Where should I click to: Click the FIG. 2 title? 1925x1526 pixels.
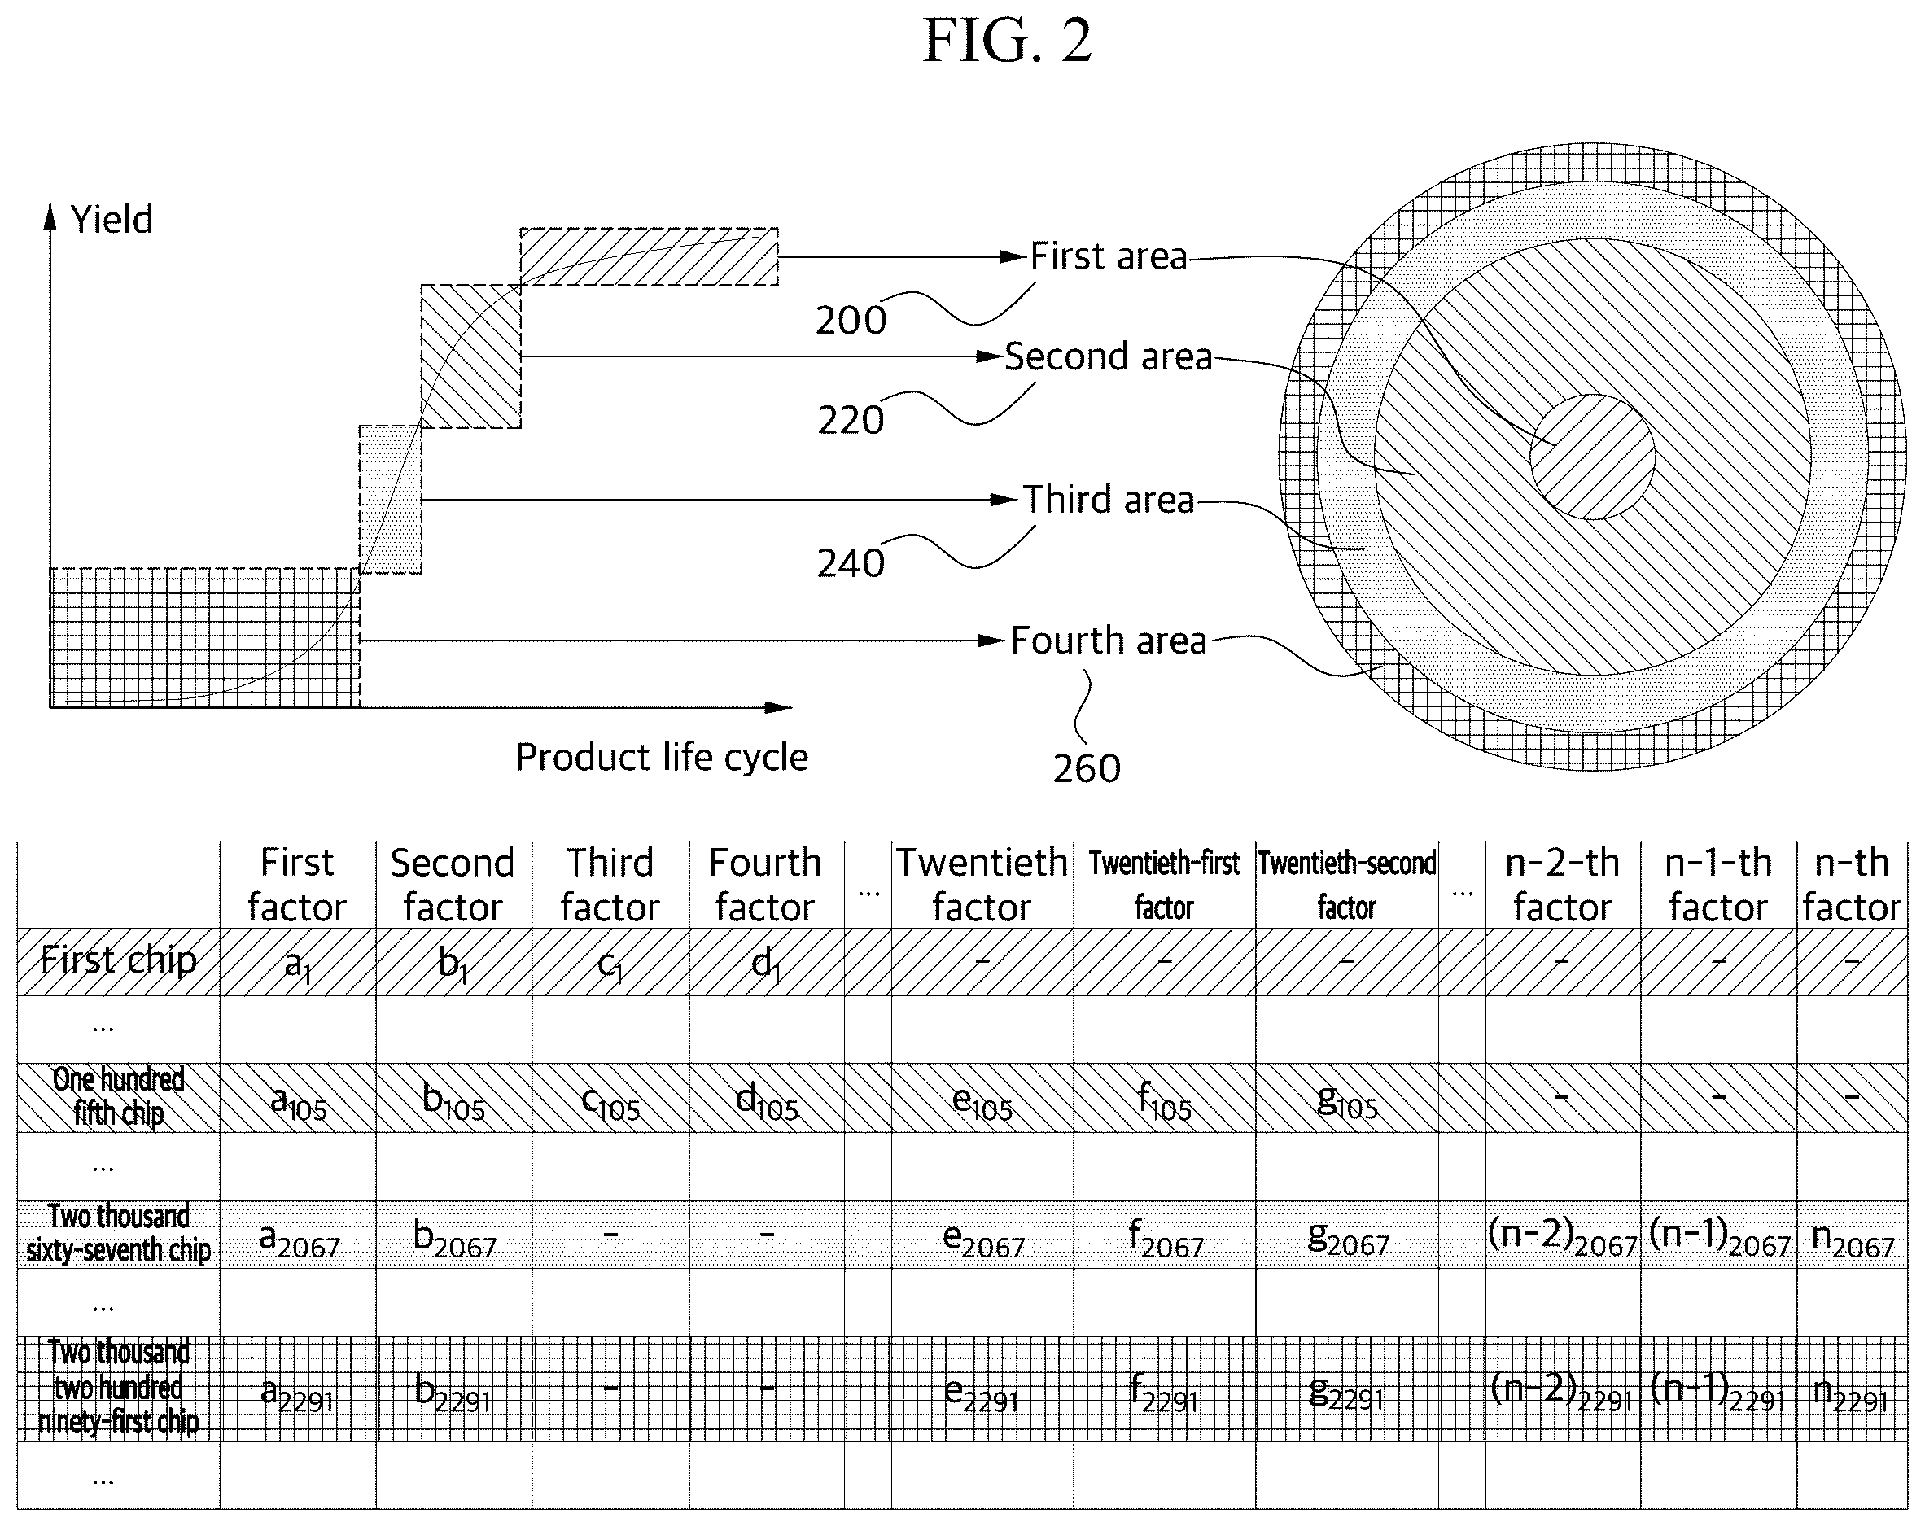coord(1006,41)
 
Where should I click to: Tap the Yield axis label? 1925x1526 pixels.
coord(112,220)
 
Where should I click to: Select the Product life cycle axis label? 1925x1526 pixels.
coord(662,757)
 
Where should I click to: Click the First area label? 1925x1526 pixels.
coord(1109,256)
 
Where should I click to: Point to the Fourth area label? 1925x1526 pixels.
coord(1109,641)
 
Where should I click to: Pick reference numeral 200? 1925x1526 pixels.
coord(851,321)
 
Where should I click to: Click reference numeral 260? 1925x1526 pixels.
coord(1087,769)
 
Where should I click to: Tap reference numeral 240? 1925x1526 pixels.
coord(851,564)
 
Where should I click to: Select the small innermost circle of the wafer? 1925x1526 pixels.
coord(1593,457)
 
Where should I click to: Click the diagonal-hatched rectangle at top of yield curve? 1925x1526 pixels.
coord(649,257)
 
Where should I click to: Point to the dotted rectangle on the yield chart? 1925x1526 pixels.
coord(390,499)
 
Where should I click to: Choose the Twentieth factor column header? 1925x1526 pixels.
coord(982,885)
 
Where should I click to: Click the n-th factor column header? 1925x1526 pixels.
coord(1852,885)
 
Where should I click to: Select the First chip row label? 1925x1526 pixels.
coord(119,961)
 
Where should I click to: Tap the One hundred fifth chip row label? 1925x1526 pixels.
coord(119,1097)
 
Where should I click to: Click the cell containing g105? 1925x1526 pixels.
coord(1347,1097)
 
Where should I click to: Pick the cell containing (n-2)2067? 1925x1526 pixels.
coord(1563,1235)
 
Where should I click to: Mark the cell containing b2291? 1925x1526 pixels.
coord(453,1389)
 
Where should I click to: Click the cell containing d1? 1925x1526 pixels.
coord(766,962)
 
